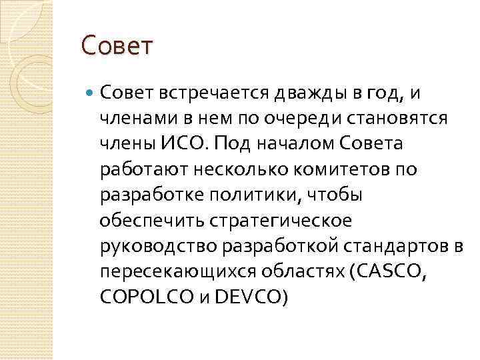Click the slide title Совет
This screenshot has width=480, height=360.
tap(117, 46)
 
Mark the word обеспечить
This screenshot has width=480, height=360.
tap(146, 220)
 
